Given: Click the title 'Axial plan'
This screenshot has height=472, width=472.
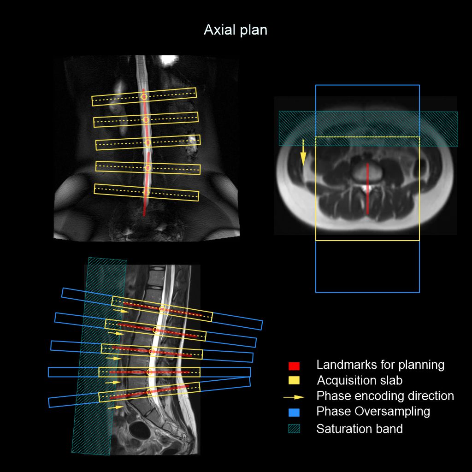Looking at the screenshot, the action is pos(236,30).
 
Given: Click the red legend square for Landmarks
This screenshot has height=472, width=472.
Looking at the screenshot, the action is pos(294,366).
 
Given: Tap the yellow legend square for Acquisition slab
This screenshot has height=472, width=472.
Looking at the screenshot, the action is pos(294,380).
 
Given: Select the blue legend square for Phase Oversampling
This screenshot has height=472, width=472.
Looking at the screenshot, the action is pos(294,413).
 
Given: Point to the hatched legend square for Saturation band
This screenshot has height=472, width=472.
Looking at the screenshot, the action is pos(294,429).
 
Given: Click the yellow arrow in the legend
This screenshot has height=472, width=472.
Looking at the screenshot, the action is pos(294,397).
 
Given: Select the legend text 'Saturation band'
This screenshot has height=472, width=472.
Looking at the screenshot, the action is pos(360,429).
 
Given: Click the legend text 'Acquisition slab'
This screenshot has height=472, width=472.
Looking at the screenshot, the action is pos(360,380).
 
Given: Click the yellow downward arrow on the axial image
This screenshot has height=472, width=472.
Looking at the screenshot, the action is pos(303,153).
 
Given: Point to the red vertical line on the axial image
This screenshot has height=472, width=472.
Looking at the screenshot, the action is pos(367,189).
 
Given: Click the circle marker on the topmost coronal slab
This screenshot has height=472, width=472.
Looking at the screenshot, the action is pos(144,97).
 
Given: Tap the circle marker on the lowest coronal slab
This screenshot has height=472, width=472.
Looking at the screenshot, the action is pos(147,192).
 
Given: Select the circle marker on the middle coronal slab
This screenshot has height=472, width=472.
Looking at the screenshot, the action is pos(147,142).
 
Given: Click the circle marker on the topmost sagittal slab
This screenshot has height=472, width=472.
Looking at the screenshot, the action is pos(162,308).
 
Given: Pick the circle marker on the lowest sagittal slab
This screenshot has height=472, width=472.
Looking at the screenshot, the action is pos(149,392).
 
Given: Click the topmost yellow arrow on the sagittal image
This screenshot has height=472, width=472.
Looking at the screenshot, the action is pos(121,311).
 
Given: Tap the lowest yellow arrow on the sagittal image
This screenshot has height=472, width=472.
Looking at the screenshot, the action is pos(116,407).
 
